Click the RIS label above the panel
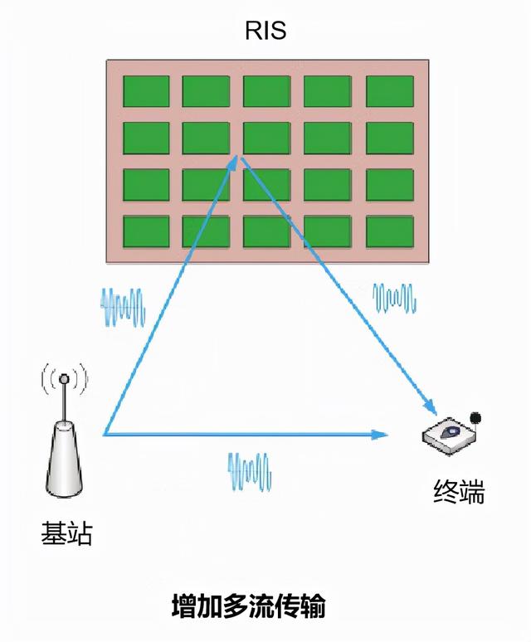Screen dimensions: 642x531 click(265, 32)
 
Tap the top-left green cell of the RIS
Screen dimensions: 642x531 click(146, 91)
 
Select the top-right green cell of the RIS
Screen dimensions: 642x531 click(389, 91)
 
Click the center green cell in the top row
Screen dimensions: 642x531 click(266, 91)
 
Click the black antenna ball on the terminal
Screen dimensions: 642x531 click(475, 416)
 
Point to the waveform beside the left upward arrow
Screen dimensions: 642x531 click(124, 308)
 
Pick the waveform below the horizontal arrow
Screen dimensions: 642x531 click(250, 470)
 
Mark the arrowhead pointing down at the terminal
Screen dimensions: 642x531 click(431, 409)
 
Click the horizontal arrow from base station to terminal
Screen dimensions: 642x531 click(241, 434)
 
